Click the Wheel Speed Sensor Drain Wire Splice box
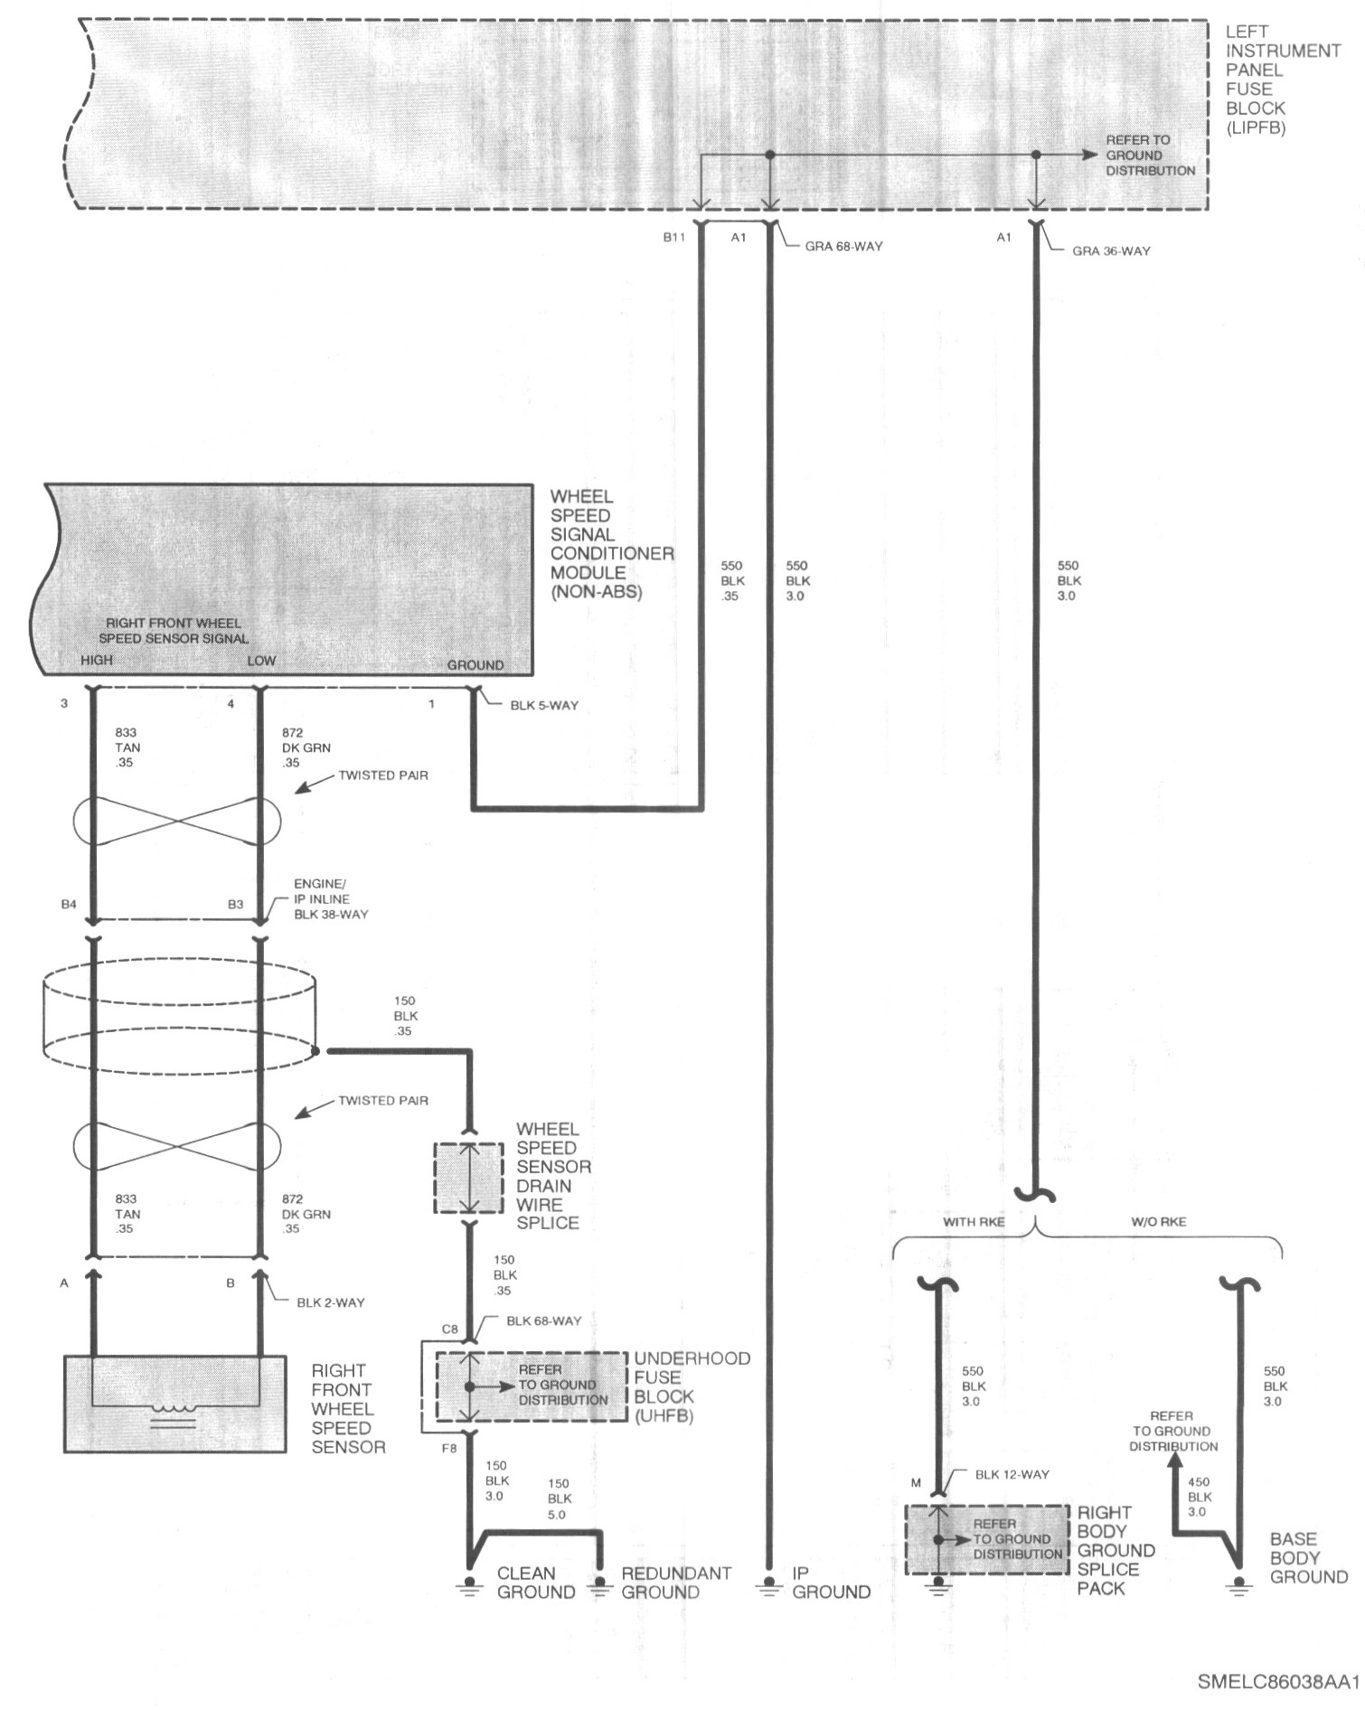(x=468, y=1179)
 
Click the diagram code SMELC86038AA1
(x=1278, y=1681)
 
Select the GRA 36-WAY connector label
(x=1111, y=250)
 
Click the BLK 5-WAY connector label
(x=544, y=705)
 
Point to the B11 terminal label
(x=675, y=238)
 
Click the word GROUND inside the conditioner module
(x=475, y=665)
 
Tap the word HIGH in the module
(x=97, y=660)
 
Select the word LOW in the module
(x=261, y=661)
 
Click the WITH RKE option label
(x=973, y=1222)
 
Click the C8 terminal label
(x=449, y=1329)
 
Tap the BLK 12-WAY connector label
(x=1012, y=1474)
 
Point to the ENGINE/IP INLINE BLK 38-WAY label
(x=331, y=899)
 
